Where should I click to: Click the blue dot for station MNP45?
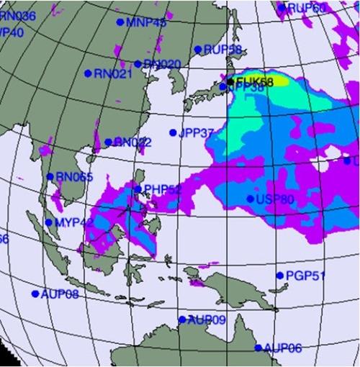(x=120, y=22)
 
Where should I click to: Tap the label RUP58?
(x=217, y=50)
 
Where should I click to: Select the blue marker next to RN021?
(x=88, y=73)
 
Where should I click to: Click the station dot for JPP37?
(x=173, y=132)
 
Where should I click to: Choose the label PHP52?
(x=161, y=189)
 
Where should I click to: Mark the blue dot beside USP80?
(x=250, y=199)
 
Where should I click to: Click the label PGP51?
(x=306, y=275)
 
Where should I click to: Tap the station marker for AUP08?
(x=35, y=294)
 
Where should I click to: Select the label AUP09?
(x=207, y=320)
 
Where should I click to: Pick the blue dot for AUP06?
(x=258, y=348)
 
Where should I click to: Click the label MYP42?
(x=74, y=222)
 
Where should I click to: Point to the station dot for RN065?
(x=50, y=176)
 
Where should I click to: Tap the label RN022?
(x=132, y=142)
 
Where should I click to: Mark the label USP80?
(x=275, y=199)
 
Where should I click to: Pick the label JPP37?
(x=197, y=132)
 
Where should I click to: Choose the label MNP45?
(x=146, y=22)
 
